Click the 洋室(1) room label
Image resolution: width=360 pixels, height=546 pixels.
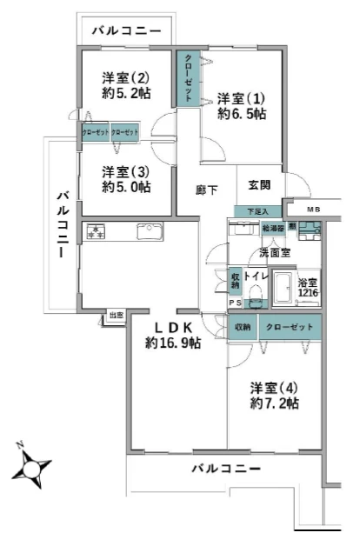click(242, 97)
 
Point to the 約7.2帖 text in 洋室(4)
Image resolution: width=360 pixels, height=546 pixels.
click(275, 403)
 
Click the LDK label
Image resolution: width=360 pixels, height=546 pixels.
click(173, 327)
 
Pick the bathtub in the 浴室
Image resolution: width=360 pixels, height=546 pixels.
click(284, 288)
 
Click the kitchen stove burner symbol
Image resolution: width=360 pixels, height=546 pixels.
click(94, 232)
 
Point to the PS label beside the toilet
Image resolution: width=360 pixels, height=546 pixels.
click(235, 303)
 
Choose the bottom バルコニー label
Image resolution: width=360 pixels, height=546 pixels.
click(225, 469)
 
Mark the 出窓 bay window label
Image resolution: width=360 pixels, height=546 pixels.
click(116, 315)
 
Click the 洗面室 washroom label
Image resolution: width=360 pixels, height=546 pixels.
click(274, 253)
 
